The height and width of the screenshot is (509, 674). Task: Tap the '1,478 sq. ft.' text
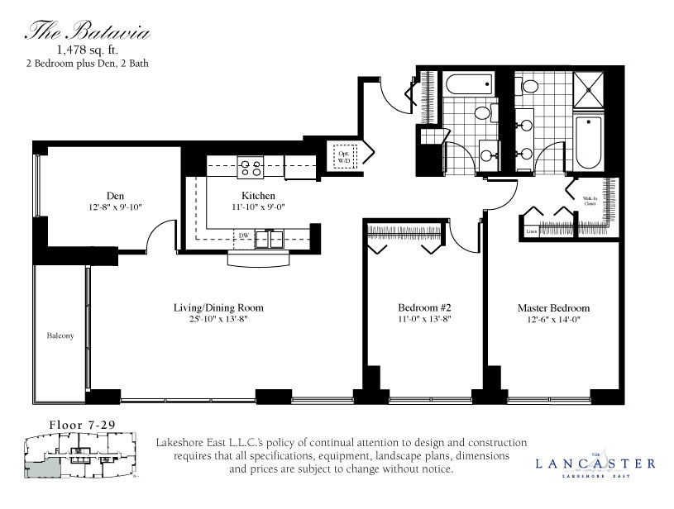point(86,50)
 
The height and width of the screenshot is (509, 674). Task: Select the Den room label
point(115,196)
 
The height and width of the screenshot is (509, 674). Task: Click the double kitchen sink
point(269,239)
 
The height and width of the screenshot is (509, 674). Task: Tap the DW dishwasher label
point(244,235)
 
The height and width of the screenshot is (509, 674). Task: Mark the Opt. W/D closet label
point(343,156)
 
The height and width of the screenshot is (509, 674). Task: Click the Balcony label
point(60,335)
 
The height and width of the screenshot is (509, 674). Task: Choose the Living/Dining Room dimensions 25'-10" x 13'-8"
point(218,319)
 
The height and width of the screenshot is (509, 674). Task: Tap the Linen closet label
point(531,232)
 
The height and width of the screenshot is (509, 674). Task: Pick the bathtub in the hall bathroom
point(466,84)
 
